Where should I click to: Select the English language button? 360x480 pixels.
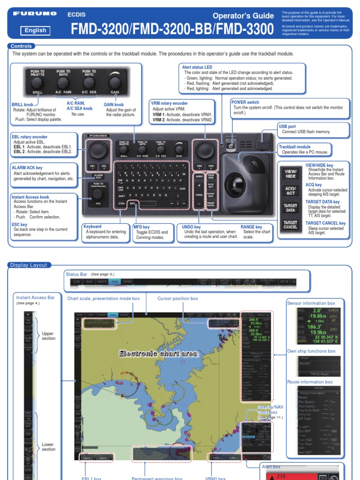pyautogui.click(x=36, y=30)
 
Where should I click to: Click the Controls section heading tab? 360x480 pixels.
pyautogui.click(x=21, y=46)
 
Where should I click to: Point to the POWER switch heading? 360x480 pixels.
pyautogui.click(x=245, y=102)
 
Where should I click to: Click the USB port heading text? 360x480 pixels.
pyautogui.click(x=287, y=127)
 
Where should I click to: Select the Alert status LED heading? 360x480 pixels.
pyautogui.click(x=197, y=67)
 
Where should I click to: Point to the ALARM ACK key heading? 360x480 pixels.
pyautogui.click(x=27, y=167)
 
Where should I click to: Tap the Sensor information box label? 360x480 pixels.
pyautogui.click(x=311, y=303)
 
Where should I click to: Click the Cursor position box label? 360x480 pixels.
pyautogui.click(x=178, y=298)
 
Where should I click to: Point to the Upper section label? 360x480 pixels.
pyautogui.click(x=48, y=336)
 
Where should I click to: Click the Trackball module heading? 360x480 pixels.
pyautogui.click(x=298, y=147)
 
